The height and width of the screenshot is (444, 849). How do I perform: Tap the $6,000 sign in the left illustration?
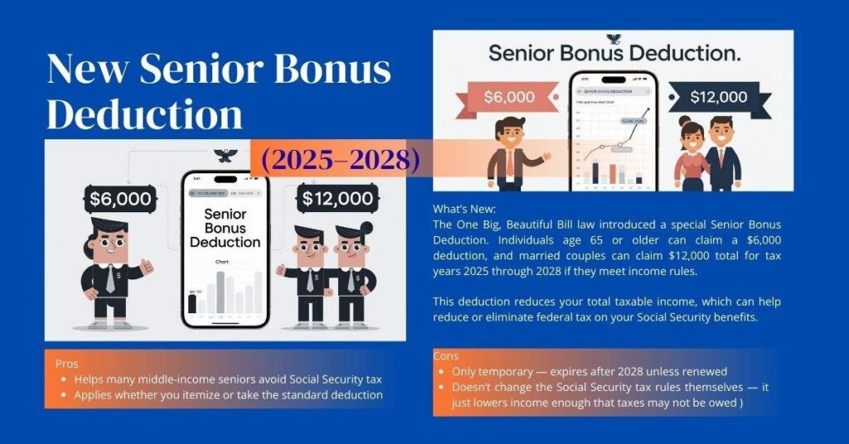coord(120,199)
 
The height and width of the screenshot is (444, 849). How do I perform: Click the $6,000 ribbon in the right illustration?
coord(508,97)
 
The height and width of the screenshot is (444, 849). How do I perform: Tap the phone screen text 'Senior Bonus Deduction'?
coord(225,228)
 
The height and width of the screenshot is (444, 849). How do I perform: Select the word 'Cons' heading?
coord(446,356)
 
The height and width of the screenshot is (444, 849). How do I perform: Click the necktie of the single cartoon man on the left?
coord(110,280)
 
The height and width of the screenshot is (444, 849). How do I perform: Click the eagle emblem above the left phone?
coord(225,155)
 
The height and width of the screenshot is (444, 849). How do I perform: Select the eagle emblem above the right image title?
coord(614,38)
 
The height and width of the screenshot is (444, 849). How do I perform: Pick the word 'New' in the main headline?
coord(87,69)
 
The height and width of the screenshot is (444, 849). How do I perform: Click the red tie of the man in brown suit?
coord(509,162)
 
